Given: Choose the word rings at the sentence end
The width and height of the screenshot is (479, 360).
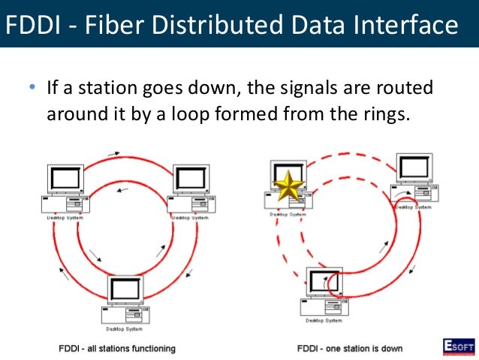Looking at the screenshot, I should pos(387,114).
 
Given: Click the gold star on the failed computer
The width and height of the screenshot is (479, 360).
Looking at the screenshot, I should pos(289,187).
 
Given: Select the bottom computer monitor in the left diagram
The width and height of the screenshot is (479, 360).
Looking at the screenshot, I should pos(125,289).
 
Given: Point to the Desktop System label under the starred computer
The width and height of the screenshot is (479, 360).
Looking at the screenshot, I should pos(288,214).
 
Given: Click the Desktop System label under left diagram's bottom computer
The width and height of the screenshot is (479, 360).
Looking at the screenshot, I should pos(125,328).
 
